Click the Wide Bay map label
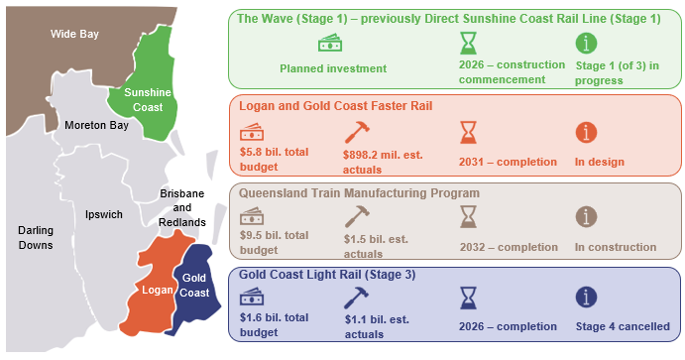[75, 35]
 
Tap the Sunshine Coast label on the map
[147, 99]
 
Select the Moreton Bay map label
[96, 126]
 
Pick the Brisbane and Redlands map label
[181, 207]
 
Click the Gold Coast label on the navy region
[194, 286]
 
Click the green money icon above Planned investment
[330, 44]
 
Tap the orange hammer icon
[355, 132]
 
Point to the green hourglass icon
[468, 44]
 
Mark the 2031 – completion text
[500, 162]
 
